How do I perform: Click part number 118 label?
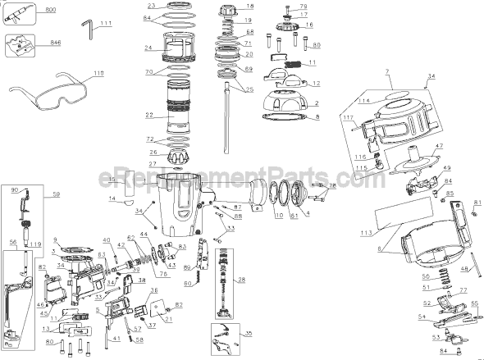98,74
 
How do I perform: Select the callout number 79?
304,7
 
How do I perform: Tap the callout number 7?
384,72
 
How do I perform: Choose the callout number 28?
241,280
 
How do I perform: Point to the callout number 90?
15,189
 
